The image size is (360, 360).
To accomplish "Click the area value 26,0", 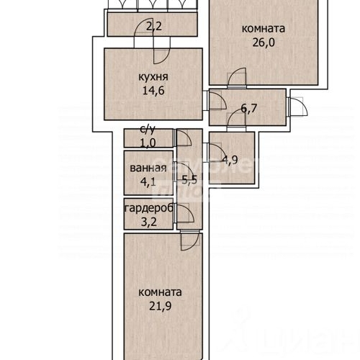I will [264, 42].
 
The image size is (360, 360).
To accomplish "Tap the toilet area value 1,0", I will [147, 143].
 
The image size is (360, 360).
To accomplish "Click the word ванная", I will [148, 168].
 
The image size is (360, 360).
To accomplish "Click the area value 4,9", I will [230, 159].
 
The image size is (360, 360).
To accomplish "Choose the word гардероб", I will [147, 209].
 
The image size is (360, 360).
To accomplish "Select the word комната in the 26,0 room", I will [264, 29].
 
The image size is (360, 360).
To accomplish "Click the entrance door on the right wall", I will [296, 109].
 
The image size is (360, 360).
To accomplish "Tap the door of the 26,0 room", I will [236, 77].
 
